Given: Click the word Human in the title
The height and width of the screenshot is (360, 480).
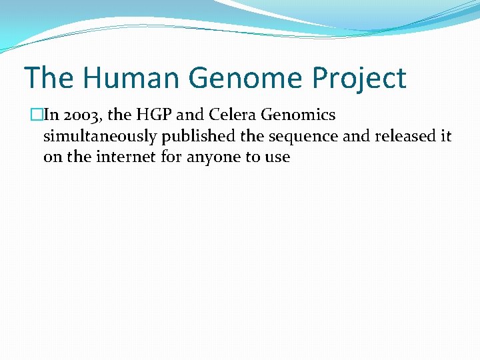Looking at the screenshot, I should point(131,78).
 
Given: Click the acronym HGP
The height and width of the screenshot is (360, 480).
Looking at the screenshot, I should point(154,115).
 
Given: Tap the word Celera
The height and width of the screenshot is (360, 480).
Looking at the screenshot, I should point(233,115).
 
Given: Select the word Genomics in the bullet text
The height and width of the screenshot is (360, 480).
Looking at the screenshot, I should point(298,115).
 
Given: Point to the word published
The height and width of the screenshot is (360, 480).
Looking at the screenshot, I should point(193,137).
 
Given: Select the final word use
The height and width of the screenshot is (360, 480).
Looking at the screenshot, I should point(278,158).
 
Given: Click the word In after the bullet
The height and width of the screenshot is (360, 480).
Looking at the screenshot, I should point(51,115).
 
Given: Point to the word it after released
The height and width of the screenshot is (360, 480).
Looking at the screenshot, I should point(445,137).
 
